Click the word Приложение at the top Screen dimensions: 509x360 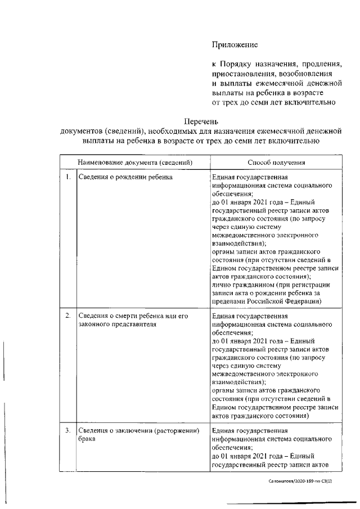click(235, 44)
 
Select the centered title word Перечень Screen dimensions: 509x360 click(201, 121)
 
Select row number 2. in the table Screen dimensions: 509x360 click(67, 316)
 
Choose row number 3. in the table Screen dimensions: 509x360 click(67, 431)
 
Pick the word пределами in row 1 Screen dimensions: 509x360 click(228, 301)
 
